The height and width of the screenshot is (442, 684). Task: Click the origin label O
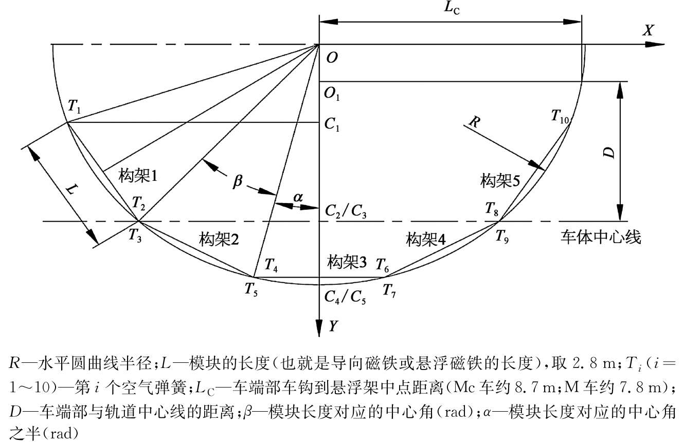click(332, 58)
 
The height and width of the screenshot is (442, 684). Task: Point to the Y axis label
click(333, 326)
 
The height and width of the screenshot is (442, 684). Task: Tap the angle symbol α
click(298, 196)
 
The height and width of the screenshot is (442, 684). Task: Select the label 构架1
click(138, 175)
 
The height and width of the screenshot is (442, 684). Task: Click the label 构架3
click(347, 263)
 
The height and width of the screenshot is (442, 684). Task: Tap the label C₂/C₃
click(347, 211)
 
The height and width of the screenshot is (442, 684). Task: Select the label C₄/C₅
click(346, 297)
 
